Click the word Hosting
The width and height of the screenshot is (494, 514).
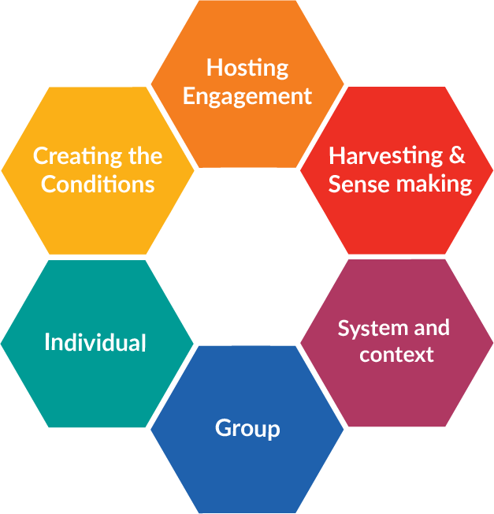247,68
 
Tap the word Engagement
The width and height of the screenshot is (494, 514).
247,97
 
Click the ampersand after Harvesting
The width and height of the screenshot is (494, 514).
457,155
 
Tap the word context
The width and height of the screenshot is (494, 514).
396,355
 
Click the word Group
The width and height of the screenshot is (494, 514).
247,429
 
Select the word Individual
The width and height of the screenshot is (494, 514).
95,343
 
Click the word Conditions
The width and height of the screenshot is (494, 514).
98,184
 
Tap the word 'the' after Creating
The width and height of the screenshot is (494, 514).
144,156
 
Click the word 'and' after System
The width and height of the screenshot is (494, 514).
430,328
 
